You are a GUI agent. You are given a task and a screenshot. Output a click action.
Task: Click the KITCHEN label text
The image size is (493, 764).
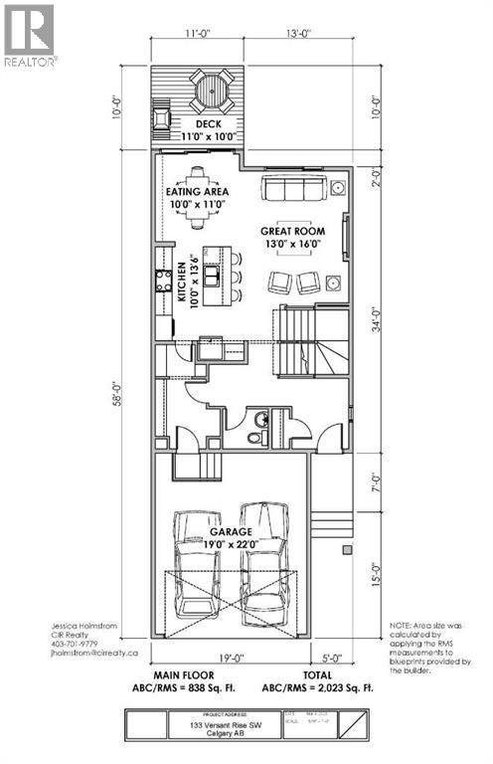point(183,282)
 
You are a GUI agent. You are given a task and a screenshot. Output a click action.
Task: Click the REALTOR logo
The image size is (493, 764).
point(30,35)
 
